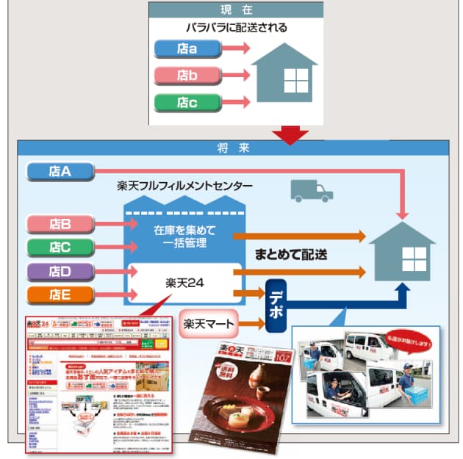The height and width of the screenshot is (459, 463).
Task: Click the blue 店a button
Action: point(187,48)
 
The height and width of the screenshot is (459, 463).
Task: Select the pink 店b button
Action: point(187,75)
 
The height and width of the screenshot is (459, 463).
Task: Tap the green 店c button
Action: point(187,101)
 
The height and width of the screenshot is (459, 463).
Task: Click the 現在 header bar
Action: point(236,9)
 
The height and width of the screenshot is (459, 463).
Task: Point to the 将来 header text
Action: point(234,148)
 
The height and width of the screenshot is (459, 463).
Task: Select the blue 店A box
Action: point(60,171)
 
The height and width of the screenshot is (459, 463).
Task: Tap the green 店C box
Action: point(60,247)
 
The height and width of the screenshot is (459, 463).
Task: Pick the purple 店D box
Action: point(60,272)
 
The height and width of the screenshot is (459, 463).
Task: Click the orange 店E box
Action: point(60,296)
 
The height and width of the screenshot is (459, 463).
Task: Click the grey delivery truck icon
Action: point(311,190)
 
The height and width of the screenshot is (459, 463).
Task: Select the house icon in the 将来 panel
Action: point(402,253)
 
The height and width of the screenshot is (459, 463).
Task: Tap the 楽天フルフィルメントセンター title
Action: point(184,187)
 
